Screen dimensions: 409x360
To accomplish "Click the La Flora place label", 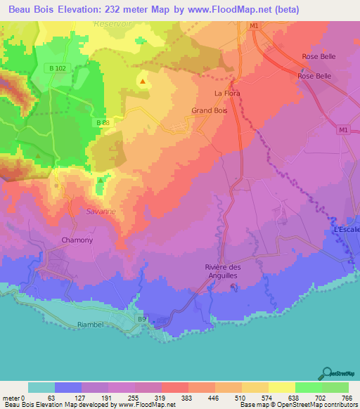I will (x=229, y=93).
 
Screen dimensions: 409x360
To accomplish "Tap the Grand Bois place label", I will (x=210, y=110).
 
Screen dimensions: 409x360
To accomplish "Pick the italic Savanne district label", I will (x=101, y=211).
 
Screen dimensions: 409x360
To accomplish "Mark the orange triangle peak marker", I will (x=143, y=82).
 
